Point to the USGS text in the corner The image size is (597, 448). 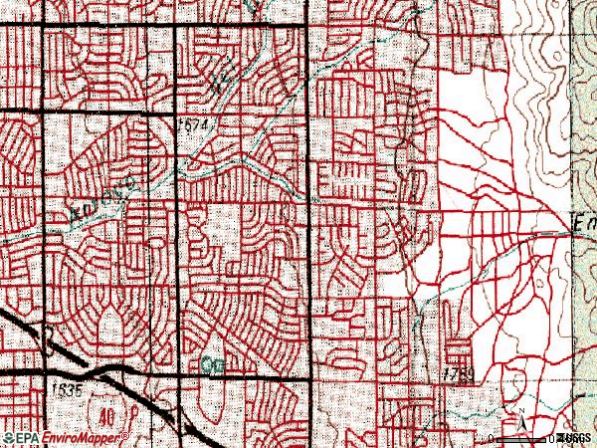pos(574,437)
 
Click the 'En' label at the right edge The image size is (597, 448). pos(583,225)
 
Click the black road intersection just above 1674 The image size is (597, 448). pos(178,112)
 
